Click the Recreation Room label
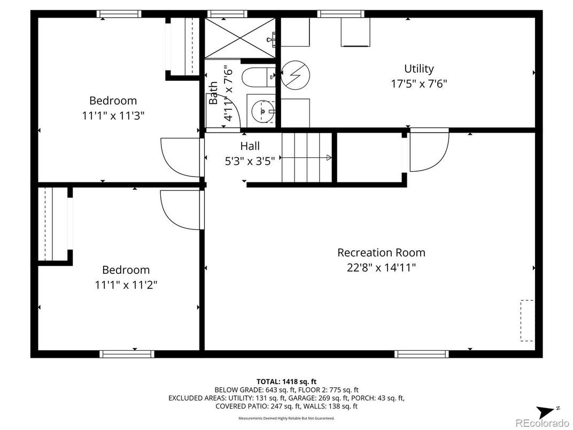[x=381, y=252]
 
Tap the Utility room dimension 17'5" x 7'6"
[x=419, y=84]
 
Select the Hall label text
[x=250, y=146]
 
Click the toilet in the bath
[x=258, y=77]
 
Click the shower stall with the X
[x=239, y=37]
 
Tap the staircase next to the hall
[x=307, y=157]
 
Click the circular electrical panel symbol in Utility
[x=295, y=75]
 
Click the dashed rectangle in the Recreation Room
[x=526, y=321]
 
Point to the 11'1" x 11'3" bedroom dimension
[x=113, y=116]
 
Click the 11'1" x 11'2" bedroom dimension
[x=126, y=285]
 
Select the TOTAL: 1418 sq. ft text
[x=286, y=382]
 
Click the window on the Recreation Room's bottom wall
[x=421, y=354]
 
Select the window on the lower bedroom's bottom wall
[x=127, y=354]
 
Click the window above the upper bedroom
[x=119, y=14]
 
